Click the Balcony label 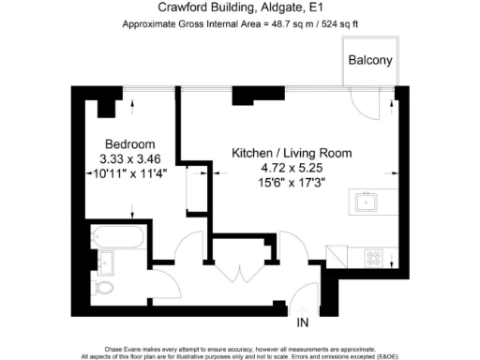369,61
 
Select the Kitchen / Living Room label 292,152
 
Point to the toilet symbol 105,286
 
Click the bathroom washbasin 104,261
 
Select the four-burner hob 371,255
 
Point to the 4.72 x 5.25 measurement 292,168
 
